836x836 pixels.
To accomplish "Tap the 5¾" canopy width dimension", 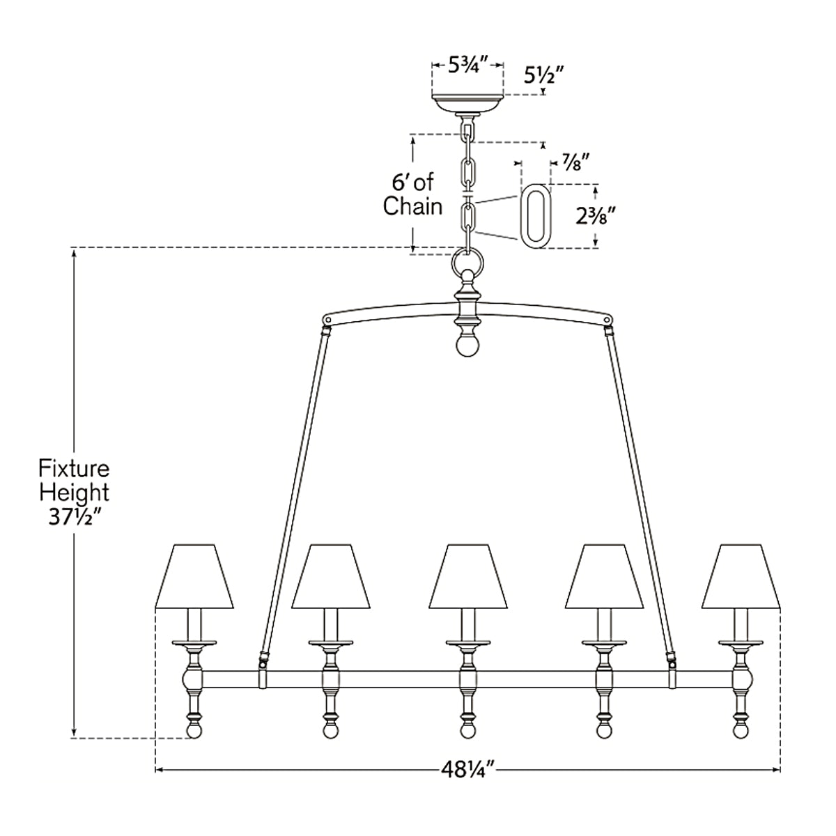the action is [x=469, y=65].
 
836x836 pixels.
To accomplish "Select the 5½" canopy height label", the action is [x=544, y=75].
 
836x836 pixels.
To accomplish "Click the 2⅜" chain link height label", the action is [x=596, y=215].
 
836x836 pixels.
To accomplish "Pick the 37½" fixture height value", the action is [x=75, y=517].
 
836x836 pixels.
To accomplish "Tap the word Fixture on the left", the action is [x=74, y=469].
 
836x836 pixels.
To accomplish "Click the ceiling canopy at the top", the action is [x=467, y=103].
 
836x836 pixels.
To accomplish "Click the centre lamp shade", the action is [x=467, y=576].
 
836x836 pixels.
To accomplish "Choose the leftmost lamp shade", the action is [x=194, y=576].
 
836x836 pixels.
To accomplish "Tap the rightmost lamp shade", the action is [x=741, y=576].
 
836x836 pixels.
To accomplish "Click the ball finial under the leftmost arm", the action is [x=194, y=731].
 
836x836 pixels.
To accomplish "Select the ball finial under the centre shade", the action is [x=467, y=731].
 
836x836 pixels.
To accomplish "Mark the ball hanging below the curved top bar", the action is [x=467, y=346].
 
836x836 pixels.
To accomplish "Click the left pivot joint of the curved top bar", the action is [x=328, y=320].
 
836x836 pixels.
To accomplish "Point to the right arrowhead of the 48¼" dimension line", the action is [x=777, y=770].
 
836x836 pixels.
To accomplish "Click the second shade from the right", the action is [x=604, y=576].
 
